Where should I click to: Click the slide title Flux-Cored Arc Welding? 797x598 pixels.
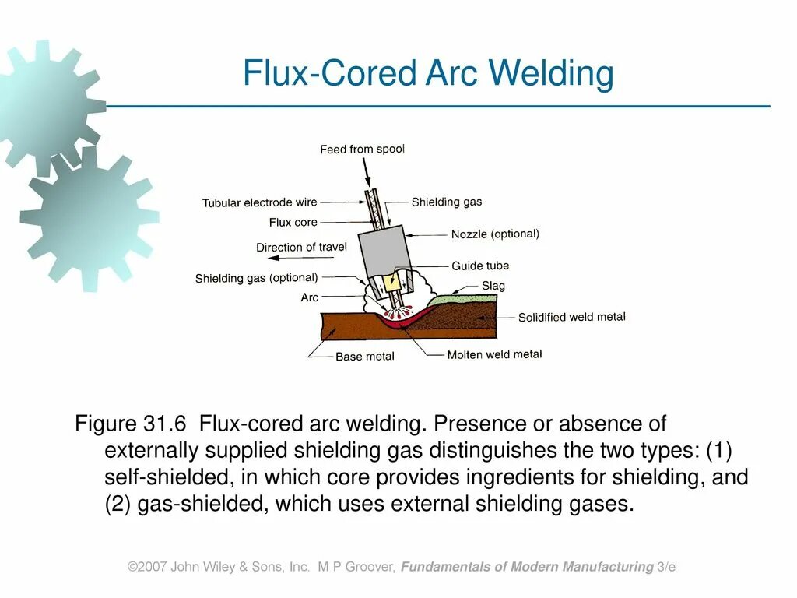pos(428,74)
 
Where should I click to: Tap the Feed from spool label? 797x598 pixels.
pos(362,149)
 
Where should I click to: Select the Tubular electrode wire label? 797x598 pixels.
pos(259,202)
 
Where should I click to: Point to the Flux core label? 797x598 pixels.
pos(293,222)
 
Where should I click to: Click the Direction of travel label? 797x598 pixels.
pos(301,247)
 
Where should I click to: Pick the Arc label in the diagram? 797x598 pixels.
pos(309,297)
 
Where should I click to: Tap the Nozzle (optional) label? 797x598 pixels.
pos(495,234)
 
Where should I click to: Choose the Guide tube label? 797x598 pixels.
pos(480,266)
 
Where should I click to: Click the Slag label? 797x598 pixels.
pos(493,286)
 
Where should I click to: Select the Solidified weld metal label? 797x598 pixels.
pos(571,317)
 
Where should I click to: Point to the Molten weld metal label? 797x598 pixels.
pos(494,354)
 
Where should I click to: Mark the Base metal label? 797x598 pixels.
pos(364,357)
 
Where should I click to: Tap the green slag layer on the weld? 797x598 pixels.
pos(459,297)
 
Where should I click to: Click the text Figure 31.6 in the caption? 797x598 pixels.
pos(130,424)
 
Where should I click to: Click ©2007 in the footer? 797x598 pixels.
pos(147,567)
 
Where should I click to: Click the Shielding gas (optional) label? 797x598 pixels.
pos(256,278)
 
